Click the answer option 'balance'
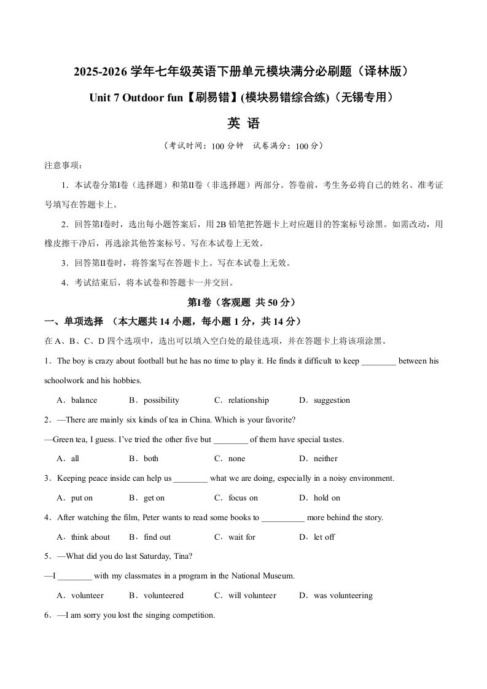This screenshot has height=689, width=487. coord(84,400)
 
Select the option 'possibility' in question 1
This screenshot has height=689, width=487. coord(162,400)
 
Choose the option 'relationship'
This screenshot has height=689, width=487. coord(249,400)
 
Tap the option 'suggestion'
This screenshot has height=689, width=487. coord(332,400)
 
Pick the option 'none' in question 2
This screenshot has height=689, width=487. coord(236,459)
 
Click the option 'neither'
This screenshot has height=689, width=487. coord(325,459)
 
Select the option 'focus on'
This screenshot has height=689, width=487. coord(243,498)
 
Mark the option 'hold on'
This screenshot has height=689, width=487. coord(327,498)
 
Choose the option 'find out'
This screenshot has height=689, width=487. coord(157,537)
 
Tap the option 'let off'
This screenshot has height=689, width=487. coord(324,537)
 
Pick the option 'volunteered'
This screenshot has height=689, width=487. coord(164,596)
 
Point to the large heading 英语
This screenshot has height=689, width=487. coord(244,123)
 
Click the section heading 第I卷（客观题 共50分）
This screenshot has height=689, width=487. coord(243,303)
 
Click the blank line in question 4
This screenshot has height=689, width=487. coord(283,518)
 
